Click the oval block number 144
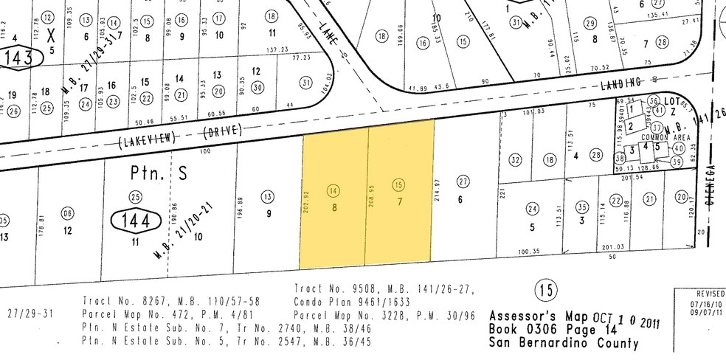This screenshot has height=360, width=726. click(x=135, y=220)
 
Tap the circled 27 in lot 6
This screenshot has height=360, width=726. click(x=463, y=181)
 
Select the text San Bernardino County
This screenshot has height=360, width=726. click(x=564, y=342)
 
